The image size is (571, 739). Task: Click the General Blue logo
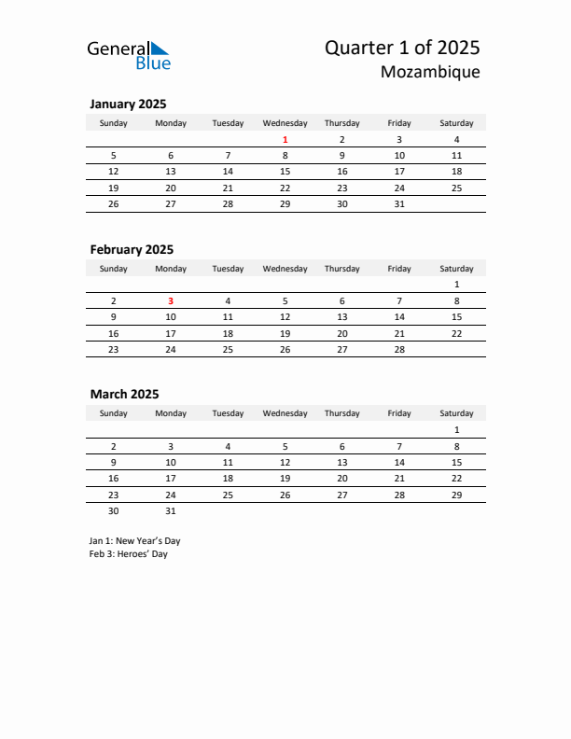pos(129,55)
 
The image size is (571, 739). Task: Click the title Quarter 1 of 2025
pos(402,48)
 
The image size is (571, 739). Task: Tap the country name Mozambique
pos(430,72)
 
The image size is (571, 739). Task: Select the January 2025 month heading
pos(128,104)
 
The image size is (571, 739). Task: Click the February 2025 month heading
pos(132,249)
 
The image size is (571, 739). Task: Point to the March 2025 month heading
pos(124,394)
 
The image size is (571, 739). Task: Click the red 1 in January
pos(285,140)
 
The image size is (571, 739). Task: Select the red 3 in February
pos(171,300)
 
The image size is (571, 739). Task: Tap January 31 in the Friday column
pos(399,203)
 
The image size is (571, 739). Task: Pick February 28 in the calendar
pos(399,349)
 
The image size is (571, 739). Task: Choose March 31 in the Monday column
pos(171,510)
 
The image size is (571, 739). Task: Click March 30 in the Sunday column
pos(114,510)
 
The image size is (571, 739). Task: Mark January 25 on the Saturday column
pos(456,188)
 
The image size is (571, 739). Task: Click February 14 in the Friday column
pos(399,317)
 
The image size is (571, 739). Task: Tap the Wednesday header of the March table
pos(285,413)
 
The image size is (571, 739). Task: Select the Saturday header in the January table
pos(456,123)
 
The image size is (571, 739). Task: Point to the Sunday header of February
pos(114,269)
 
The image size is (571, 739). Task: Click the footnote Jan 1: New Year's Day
pos(134,540)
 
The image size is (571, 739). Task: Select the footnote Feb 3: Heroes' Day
pos(129,554)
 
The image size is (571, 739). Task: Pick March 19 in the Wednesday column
pos(285,478)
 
